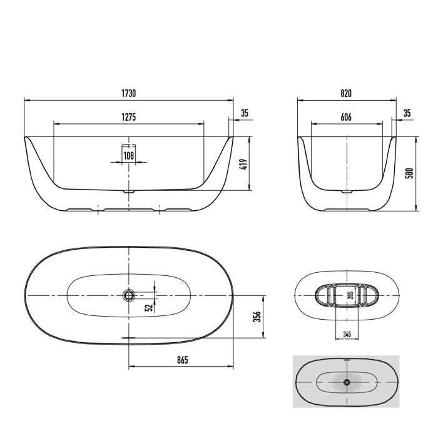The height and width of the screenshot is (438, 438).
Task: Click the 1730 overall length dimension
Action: [x=129, y=93]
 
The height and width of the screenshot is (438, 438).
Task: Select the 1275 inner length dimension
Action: [x=129, y=117]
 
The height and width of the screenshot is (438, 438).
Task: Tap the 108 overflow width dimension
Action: [x=129, y=155]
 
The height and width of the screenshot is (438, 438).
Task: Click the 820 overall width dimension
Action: [x=346, y=93]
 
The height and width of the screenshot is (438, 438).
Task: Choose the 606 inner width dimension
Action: [x=346, y=117]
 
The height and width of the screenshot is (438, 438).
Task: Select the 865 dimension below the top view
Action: [x=181, y=360]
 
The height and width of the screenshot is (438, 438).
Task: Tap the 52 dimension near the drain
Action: [x=148, y=307]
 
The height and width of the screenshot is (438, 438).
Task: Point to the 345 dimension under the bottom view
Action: [x=347, y=334]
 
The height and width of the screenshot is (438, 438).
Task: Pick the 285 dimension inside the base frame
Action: [x=350, y=294]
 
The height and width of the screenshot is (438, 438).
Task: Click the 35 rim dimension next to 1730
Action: [x=245, y=113]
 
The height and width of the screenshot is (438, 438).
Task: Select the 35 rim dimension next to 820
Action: [x=407, y=113]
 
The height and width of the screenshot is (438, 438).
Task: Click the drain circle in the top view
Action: [x=129, y=294]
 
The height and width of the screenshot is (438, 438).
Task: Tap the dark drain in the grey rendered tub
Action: [x=346, y=381]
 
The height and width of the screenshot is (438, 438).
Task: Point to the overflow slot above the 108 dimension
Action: [x=129, y=143]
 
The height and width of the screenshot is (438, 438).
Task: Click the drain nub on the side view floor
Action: [x=129, y=190]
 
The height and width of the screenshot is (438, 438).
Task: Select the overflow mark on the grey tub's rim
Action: [x=346, y=360]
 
